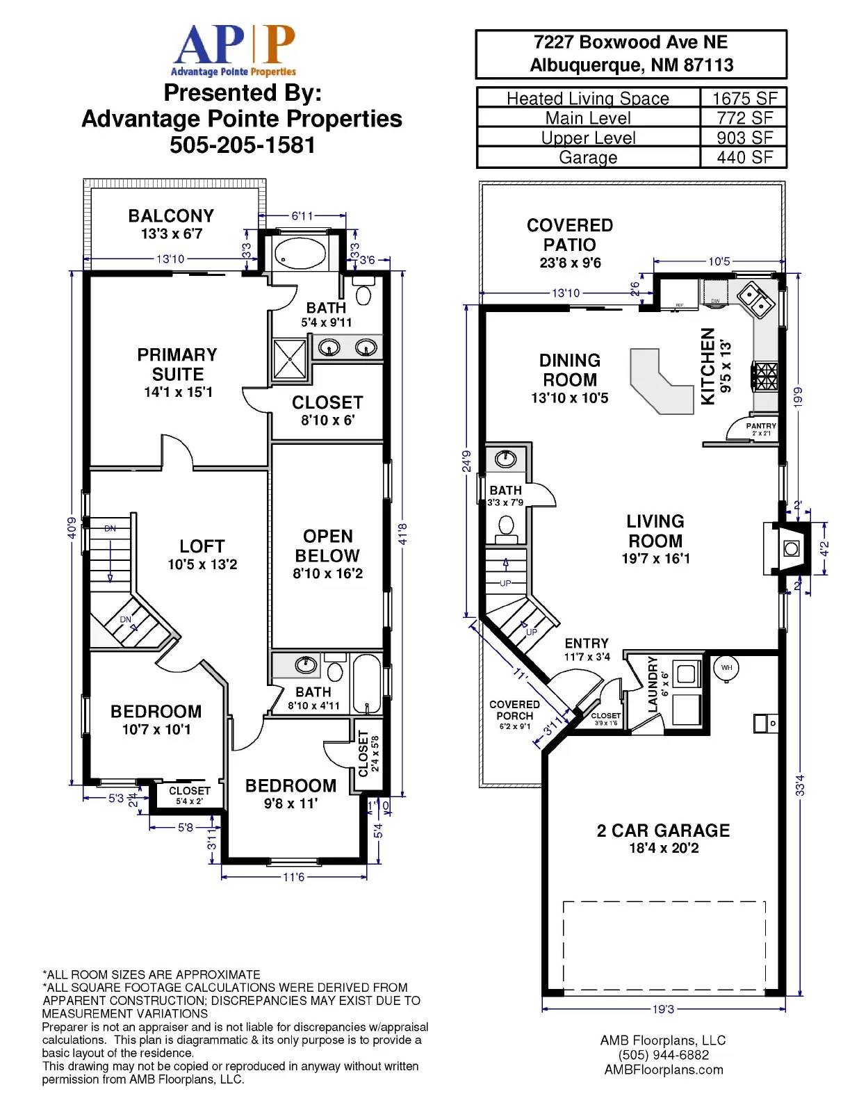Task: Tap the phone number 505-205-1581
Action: (242, 145)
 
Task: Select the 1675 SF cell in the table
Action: (744, 98)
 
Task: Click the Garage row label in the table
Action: (588, 158)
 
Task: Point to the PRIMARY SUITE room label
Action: (177, 365)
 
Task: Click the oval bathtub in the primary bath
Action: (300, 254)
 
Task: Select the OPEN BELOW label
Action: (327, 546)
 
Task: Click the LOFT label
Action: (202, 546)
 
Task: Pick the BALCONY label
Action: (171, 216)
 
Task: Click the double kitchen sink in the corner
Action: (755, 299)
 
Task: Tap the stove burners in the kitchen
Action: (764, 376)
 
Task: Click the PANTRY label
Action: (761, 426)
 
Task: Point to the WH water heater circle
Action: (726, 668)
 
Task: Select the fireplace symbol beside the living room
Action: (790, 548)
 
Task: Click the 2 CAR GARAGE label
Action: (663, 831)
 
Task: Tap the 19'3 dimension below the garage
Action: (663, 1009)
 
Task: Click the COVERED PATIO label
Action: (570, 235)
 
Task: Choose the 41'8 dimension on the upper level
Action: (402, 533)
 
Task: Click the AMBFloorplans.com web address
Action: (664, 1070)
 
